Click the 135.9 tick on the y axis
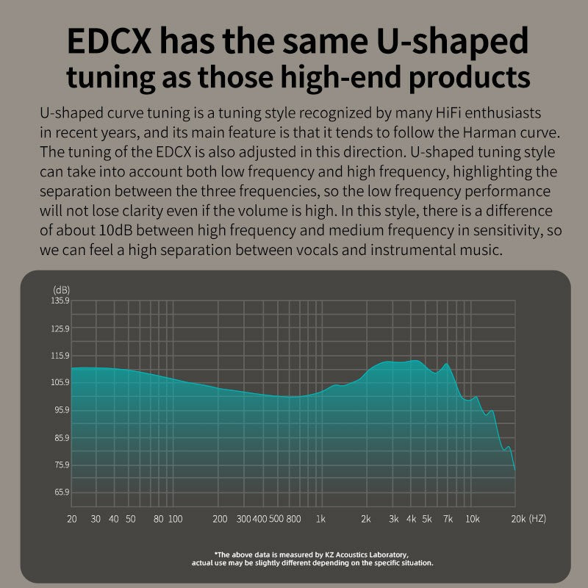(60, 301)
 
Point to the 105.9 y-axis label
(60, 382)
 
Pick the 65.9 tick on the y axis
(61, 492)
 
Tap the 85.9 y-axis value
(60, 437)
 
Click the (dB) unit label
(61, 290)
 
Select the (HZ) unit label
(537, 519)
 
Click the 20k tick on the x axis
(518, 519)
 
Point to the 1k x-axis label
(320, 519)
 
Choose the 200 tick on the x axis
(220, 519)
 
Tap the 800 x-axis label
(293, 519)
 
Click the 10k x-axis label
(473, 519)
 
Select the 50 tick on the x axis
(130, 519)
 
